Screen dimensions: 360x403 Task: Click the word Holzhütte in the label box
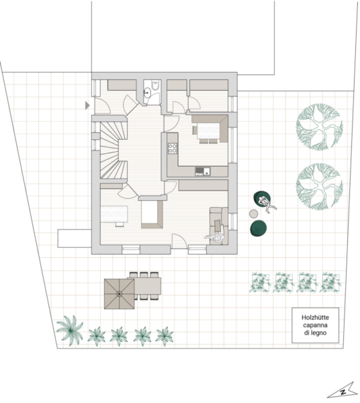tap(315, 318)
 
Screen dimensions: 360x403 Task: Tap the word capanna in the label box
tap(315, 325)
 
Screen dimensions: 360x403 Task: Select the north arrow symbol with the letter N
tap(343, 391)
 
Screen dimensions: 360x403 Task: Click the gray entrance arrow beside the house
tap(87, 105)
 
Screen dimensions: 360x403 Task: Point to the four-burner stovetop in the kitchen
tap(173, 148)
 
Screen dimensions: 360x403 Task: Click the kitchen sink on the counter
tap(202, 171)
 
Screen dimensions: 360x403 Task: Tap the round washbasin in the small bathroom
tap(148, 92)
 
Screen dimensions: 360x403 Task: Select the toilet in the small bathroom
tap(156, 85)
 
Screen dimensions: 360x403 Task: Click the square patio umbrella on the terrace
tap(120, 294)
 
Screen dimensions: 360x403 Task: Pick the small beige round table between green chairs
tap(254, 214)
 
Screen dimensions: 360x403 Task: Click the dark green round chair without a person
tap(259, 228)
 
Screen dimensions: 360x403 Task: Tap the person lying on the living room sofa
tap(216, 238)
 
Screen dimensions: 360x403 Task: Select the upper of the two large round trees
tap(320, 127)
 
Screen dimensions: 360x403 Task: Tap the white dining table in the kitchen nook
tap(208, 130)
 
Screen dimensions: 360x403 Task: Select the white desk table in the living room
tap(114, 214)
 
